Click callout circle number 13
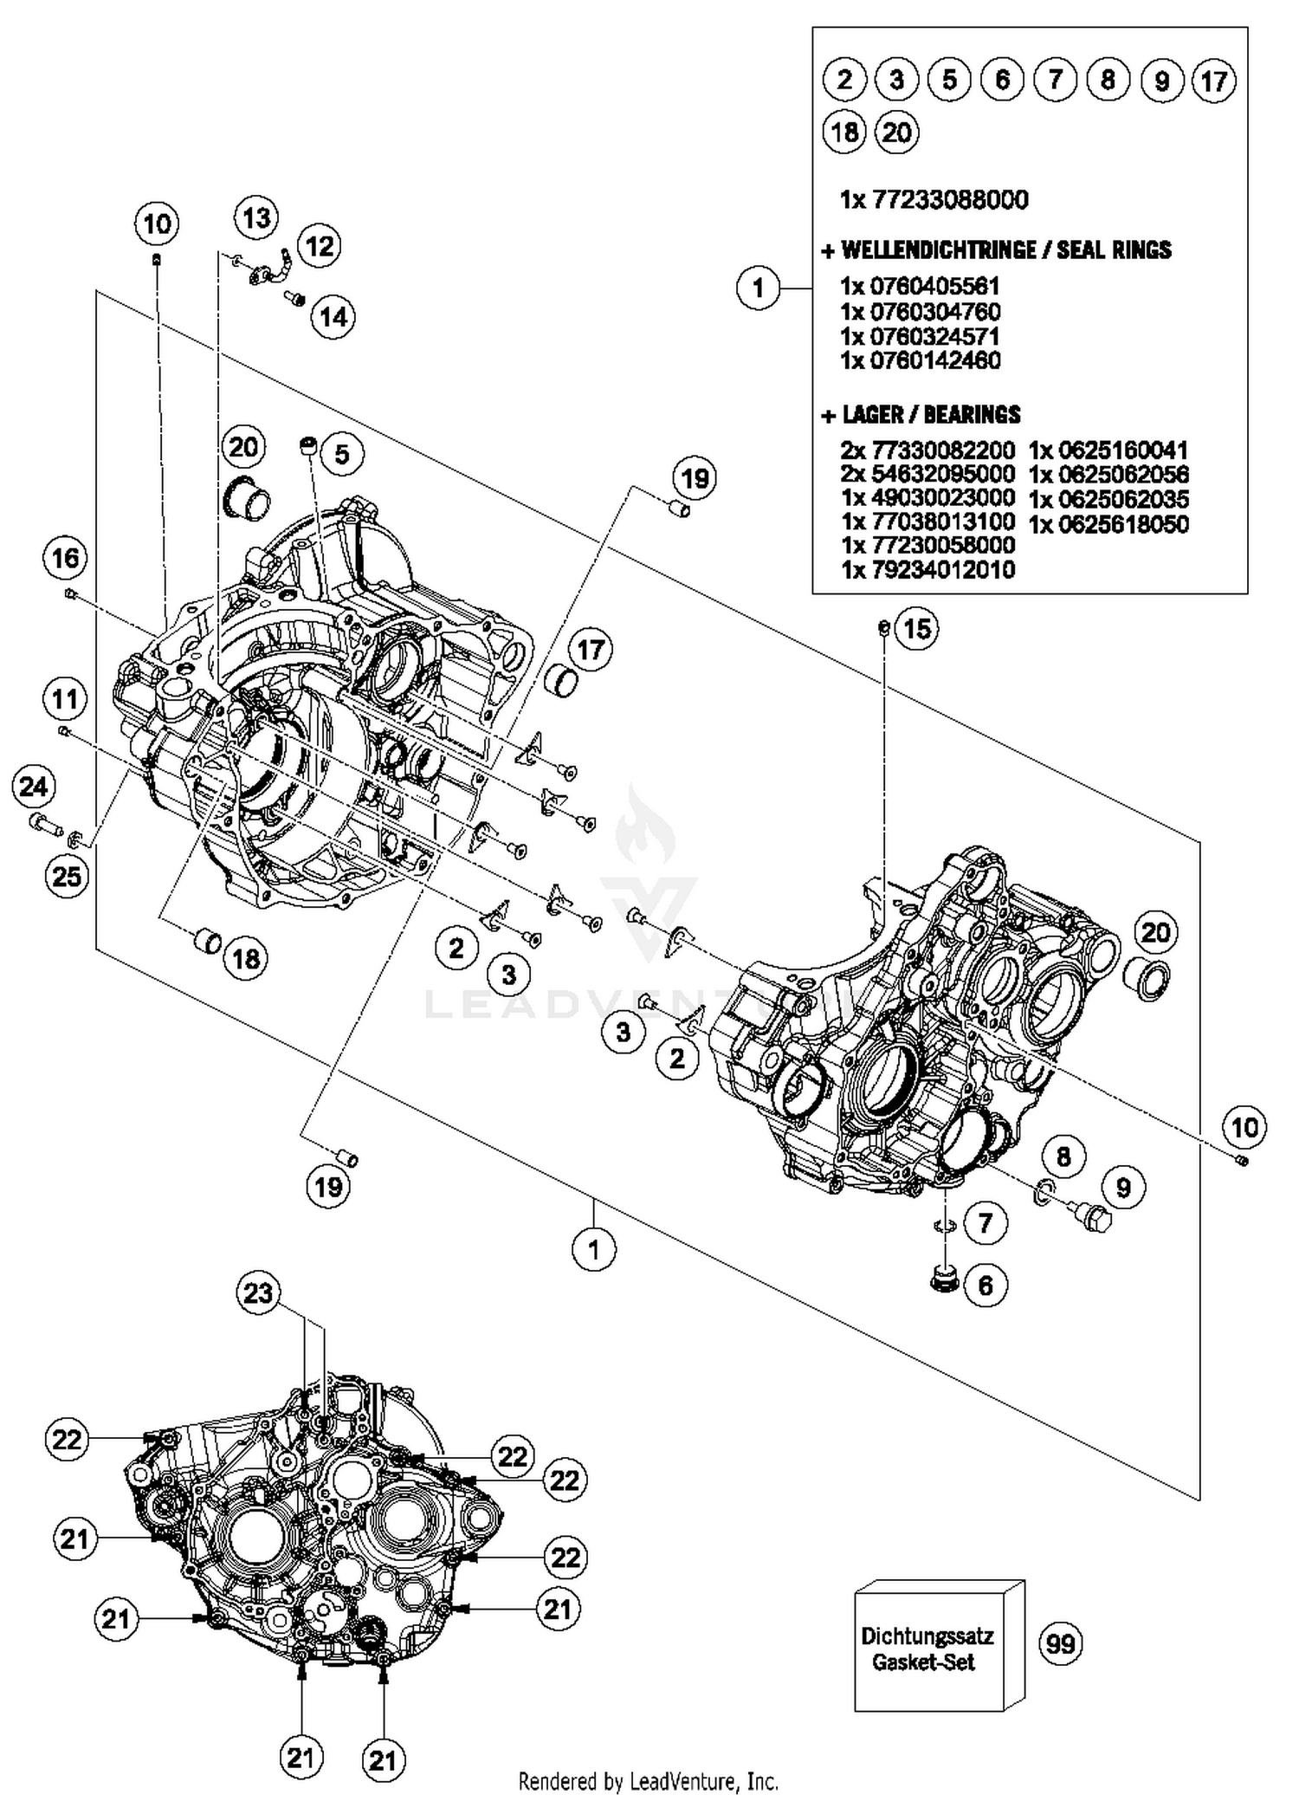pos(256,217)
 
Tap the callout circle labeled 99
pos(1060,1643)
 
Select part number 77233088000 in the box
pos(934,200)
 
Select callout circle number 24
pos(34,787)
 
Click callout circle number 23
pos(258,1293)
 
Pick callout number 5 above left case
pos(341,453)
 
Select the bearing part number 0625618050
pos(1108,524)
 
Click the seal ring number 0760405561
pos(921,286)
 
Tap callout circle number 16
pos(66,558)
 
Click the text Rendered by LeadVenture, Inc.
pos(648,1781)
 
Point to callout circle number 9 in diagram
pos(1123,1187)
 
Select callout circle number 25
pos(67,876)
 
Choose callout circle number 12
pos(319,246)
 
